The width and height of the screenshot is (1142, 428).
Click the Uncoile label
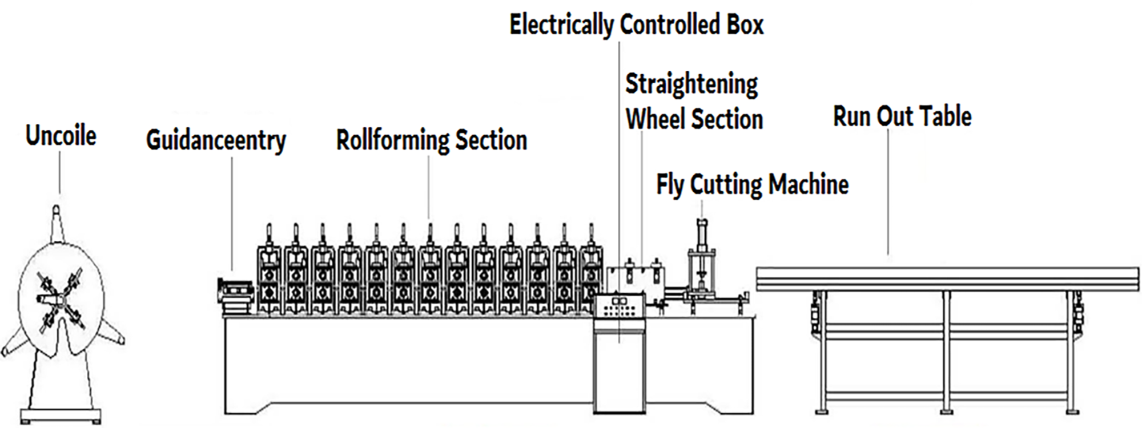coord(61,136)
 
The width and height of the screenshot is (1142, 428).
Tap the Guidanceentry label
coord(216,140)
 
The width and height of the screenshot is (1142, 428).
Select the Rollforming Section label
coord(431,140)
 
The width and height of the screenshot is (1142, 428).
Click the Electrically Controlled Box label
coord(636,25)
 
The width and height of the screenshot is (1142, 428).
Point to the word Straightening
coord(691,84)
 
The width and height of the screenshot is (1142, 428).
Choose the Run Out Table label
coord(902,116)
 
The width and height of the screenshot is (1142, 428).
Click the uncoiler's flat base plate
coord(61,415)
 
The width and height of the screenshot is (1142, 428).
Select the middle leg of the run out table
coord(946,351)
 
